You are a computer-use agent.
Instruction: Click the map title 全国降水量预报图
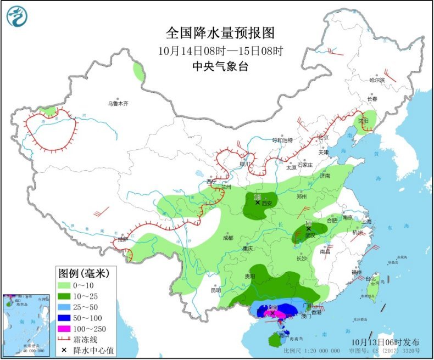coord(219,33)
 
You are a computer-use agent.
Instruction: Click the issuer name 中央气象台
coord(219,66)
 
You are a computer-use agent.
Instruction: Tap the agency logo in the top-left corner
coord(18,16)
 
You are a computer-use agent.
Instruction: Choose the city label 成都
coord(228,238)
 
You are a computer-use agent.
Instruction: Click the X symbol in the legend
coord(65,350)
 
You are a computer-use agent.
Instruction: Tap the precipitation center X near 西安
coord(257,203)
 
